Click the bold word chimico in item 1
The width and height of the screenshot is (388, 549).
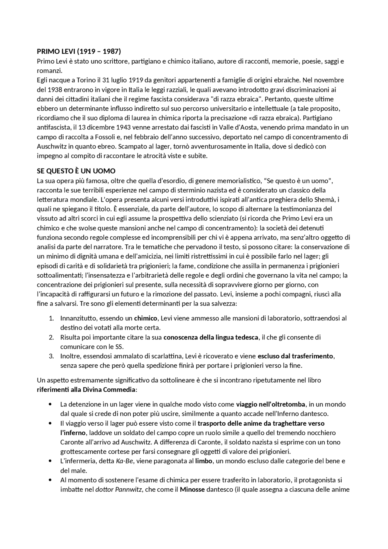coord(145,318)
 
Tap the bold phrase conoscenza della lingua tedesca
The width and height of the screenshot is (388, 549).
coord(211,337)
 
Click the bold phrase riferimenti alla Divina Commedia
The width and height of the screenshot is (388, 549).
coord(86,390)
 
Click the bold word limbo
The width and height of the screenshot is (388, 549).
coord(203,461)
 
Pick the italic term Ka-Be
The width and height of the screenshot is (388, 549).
coord(124,461)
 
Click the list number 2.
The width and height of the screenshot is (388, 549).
coord(51,337)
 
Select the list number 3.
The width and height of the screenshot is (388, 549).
coord(51,356)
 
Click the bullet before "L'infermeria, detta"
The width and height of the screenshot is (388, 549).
coord(50,461)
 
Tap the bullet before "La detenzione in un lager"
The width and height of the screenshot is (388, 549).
coord(50,404)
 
